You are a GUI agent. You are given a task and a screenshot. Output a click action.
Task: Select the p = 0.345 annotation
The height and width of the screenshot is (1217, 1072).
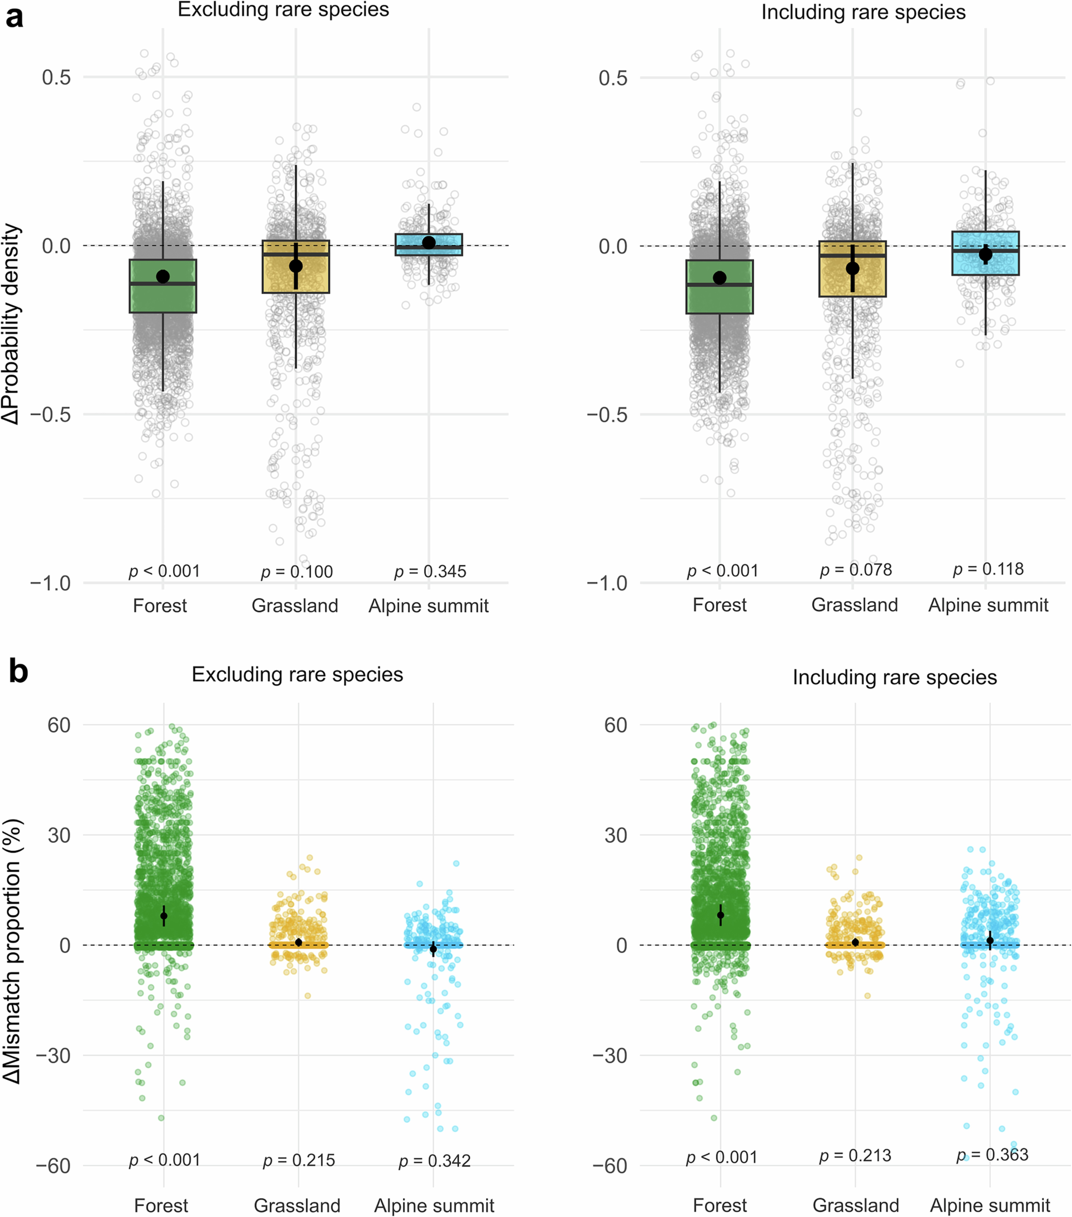tap(430, 572)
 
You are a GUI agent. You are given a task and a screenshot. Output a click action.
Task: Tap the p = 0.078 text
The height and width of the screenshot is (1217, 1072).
tap(856, 570)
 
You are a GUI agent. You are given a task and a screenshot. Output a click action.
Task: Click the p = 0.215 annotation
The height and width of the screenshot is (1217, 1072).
tap(299, 1160)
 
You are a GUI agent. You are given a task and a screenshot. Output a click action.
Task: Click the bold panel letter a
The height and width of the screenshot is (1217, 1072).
tap(14, 18)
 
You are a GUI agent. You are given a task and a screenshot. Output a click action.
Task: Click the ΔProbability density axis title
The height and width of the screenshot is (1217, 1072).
tap(12, 324)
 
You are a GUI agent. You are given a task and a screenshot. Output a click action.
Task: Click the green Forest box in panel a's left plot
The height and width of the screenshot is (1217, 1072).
tap(163, 286)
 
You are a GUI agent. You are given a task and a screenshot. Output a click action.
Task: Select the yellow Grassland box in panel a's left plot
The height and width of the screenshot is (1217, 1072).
tap(296, 267)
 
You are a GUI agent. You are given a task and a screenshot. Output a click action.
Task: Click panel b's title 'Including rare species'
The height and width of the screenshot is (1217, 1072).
tap(894, 677)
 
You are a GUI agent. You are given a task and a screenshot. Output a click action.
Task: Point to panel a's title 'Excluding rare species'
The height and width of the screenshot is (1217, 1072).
tap(283, 10)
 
